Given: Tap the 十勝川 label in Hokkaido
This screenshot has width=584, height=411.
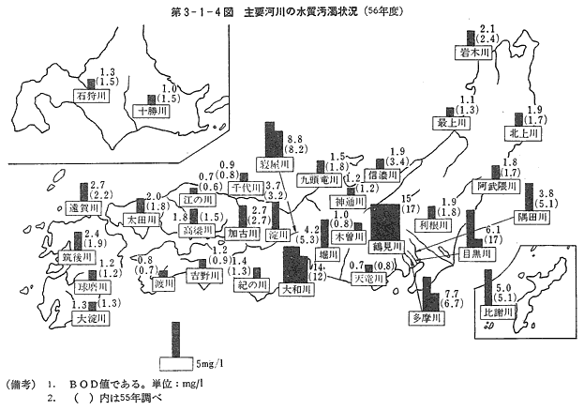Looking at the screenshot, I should [x=151, y=111].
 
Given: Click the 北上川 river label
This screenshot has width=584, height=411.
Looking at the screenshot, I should [x=523, y=135].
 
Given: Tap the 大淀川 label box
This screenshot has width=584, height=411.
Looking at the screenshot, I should [x=90, y=318].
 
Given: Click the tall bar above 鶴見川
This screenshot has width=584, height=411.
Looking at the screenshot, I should [x=384, y=221].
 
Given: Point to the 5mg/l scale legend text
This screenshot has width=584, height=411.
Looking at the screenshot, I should [x=209, y=362].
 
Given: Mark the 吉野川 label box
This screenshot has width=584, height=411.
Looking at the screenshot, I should [x=202, y=277].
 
